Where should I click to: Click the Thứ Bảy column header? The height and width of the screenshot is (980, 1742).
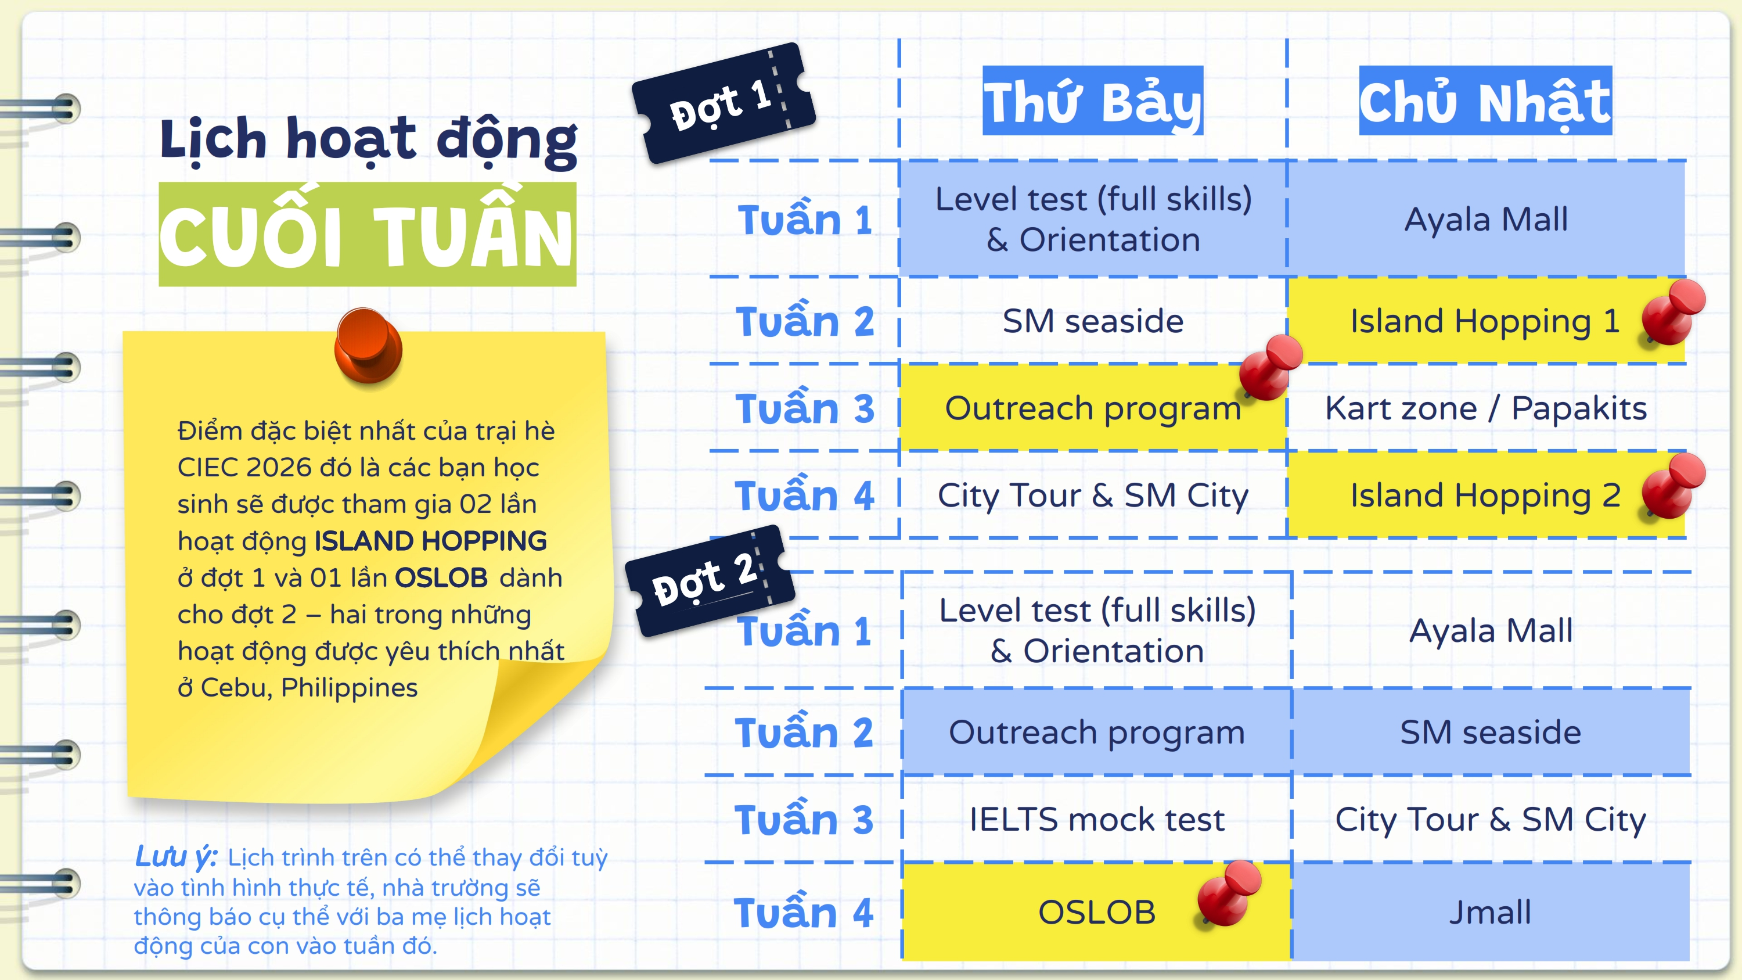pyautogui.click(x=1093, y=100)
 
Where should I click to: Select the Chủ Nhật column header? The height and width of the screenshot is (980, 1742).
pyautogui.click(x=1486, y=100)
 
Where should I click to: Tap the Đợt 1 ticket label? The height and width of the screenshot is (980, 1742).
pyautogui.click(x=724, y=103)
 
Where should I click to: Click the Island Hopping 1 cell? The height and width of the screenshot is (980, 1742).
pyautogui.click(x=1487, y=321)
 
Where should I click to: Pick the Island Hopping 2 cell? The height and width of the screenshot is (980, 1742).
pyautogui.click(x=1487, y=495)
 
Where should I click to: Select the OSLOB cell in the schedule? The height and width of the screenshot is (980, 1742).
pyautogui.click(x=1096, y=911)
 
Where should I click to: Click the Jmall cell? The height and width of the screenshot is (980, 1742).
pyautogui.click(x=1491, y=911)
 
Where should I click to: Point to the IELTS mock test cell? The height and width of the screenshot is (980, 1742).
pyautogui.click(x=1096, y=819)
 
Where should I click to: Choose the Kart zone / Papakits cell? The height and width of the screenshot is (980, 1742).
pyautogui.click(x=1487, y=408)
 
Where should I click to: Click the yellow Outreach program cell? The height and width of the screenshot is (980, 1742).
pyautogui.click(x=1093, y=408)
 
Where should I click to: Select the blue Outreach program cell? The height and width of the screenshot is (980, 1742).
pyautogui.click(x=1096, y=733)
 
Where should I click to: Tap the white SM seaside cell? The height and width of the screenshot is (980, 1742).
pyautogui.click(x=1093, y=321)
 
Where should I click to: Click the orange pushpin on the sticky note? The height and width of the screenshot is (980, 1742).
pyautogui.click(x=369, y=345)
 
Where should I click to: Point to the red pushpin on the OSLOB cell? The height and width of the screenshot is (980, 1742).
pyautogui.click(x=1229, y=893)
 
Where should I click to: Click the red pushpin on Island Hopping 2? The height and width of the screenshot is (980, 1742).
pyautogui.click(x=1673, y=486)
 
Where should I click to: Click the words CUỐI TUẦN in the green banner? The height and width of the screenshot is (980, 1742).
pyautogui.click(x=366, y=235)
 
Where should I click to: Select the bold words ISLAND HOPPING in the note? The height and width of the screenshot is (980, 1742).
pyautogui.click(x=430, y=541)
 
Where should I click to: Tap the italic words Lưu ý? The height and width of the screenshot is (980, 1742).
pyautogui.click(x=176, y=857)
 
